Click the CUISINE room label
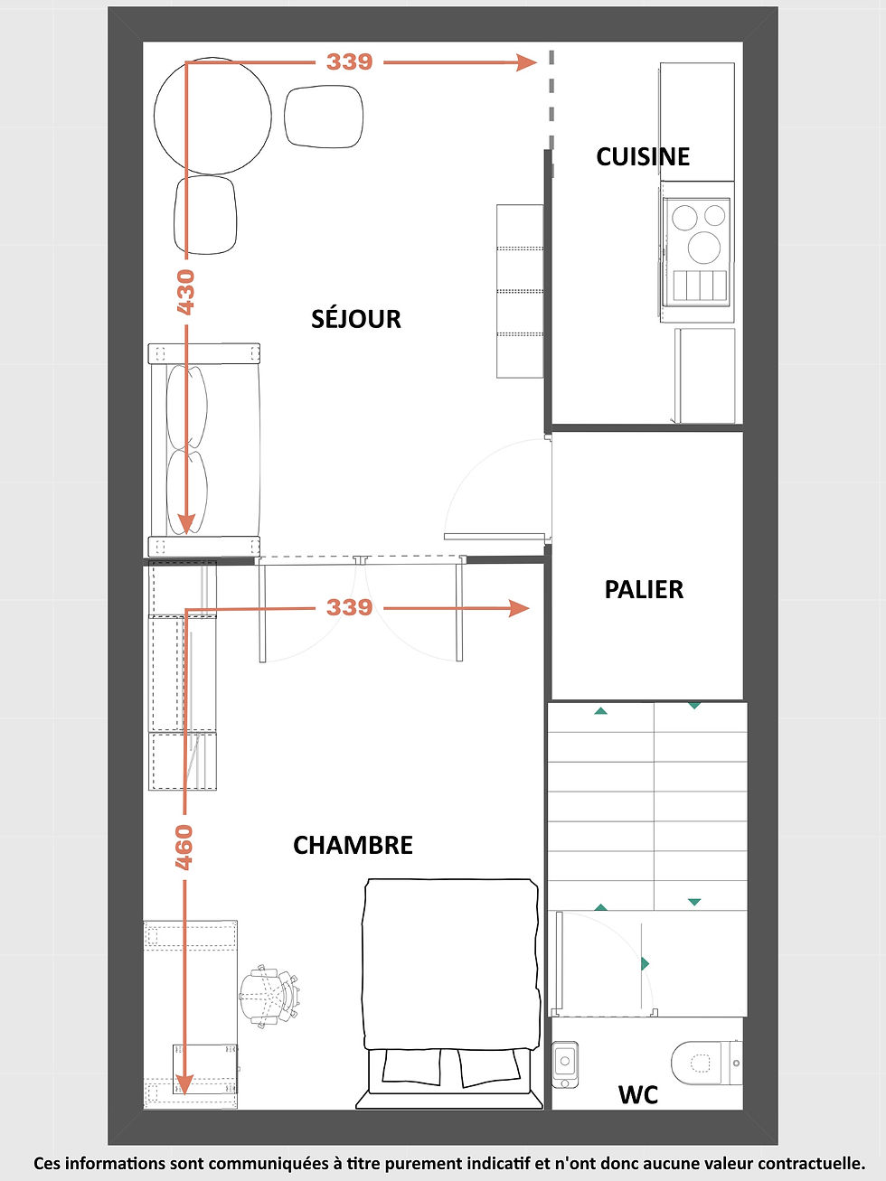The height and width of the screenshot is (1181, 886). coord(643,156)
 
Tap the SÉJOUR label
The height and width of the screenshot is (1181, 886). coord(356,319)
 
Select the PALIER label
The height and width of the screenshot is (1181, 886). coord(644,590)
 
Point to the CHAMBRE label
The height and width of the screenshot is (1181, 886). coord(353,845)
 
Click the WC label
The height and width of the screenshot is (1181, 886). coord(638,1095)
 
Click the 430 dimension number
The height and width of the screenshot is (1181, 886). coord(185,292)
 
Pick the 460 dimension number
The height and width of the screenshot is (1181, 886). coord(184,848)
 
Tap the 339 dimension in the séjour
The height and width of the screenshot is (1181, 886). coord(349,61)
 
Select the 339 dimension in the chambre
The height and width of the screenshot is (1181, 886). coord(349,607)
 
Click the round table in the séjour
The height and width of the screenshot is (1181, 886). coord(212,116)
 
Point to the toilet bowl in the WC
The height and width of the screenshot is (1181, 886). coord(706,1063)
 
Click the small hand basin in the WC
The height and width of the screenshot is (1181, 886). coord(565,1064)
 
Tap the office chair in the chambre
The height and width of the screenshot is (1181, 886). coord(269,997)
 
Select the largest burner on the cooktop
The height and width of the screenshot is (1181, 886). coord(703,248)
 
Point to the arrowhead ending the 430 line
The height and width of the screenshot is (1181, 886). coord(186,524)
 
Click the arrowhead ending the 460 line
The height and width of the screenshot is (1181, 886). coord(184,1085)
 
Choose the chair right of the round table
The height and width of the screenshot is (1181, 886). coord(324,117)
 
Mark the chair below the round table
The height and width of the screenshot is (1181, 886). coord(205,214)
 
